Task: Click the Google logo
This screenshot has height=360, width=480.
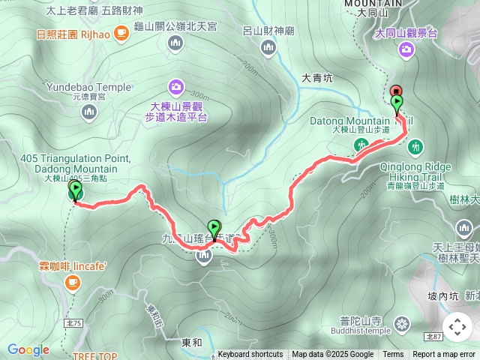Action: pyautogui.click(x=28, y=349)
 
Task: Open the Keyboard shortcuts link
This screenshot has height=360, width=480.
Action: pyautogui.click(x=250, y=355)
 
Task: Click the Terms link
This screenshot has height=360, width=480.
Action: pyautogui.click(x=393, y=355)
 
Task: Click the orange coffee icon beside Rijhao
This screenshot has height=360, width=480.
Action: pyautogui.click(x=121, y=34)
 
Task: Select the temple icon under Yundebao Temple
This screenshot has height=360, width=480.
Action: pyautogui.click(x=88, y=112)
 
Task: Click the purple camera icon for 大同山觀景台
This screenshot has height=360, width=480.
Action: pyautogui.click(x=406, y=49)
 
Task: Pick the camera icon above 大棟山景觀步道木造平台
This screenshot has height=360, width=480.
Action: pyautogui.click(x=175, y=86)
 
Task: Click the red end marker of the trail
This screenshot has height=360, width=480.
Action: pyautogui.click(x=396, y=90)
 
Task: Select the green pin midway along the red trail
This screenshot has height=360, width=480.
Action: pyautogui.click(x=214, y=227)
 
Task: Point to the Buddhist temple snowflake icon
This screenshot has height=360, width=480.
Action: pyautogui.click(x=403, y=324)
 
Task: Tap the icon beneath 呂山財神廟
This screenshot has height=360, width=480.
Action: pyautogui.click(x=268, y=48)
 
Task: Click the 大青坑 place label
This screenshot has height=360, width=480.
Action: pyautogui.click(x=316, y=77)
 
